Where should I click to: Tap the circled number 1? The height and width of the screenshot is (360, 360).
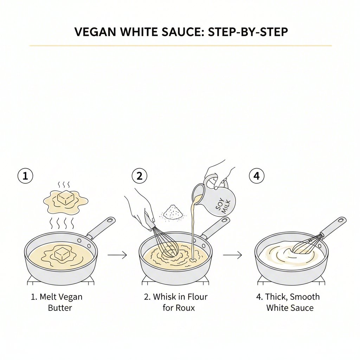[25, 176]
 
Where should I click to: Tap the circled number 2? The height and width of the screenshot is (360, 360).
[140, 176]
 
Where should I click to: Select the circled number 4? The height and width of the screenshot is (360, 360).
[257, 176]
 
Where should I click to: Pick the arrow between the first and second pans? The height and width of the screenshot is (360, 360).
[117, 255]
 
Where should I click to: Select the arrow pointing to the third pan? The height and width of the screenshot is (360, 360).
[232, 255]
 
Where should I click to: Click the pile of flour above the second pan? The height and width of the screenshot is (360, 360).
[171, 212]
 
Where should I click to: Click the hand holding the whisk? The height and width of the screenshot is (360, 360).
[139, 206]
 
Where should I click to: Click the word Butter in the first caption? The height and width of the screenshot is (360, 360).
[60, 308]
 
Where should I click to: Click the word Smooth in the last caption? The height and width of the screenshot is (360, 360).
[304, 297]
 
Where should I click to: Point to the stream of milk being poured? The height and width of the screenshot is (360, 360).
[193, 232]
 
